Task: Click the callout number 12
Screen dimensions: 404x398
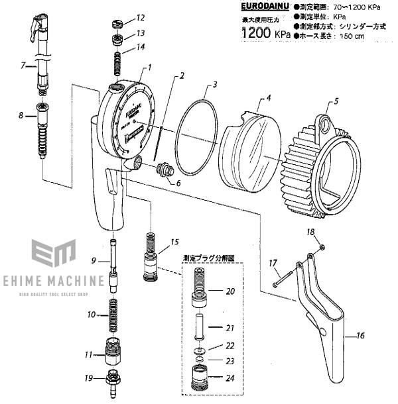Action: tap(141, 17)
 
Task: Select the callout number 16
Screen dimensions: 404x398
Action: tap(360, 336)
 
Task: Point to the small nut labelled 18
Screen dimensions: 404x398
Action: tap(320, 246)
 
